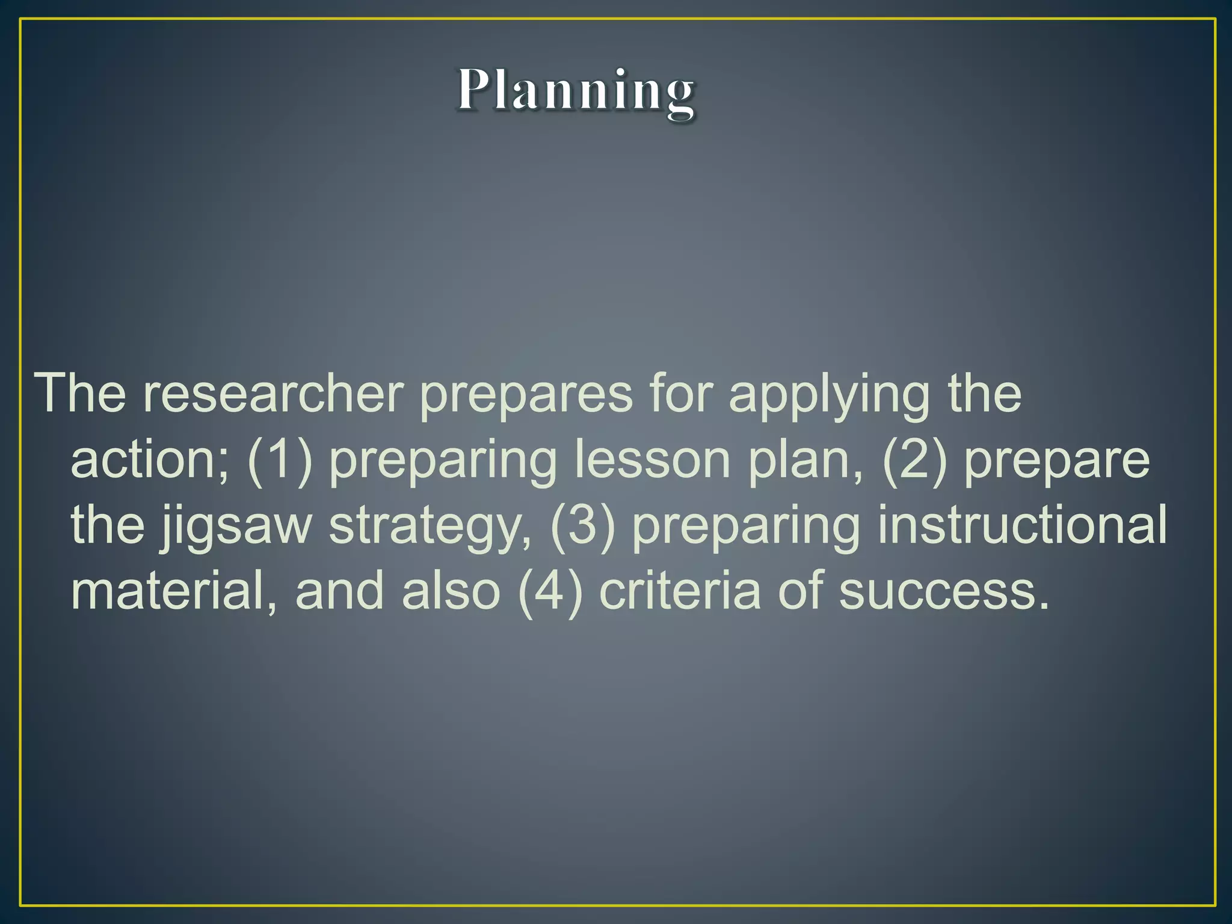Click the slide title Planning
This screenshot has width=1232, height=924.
[x=576, y=91]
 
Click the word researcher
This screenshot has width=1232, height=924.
[x=273, y=393]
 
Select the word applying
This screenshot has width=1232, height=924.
[x=830, y=395]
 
